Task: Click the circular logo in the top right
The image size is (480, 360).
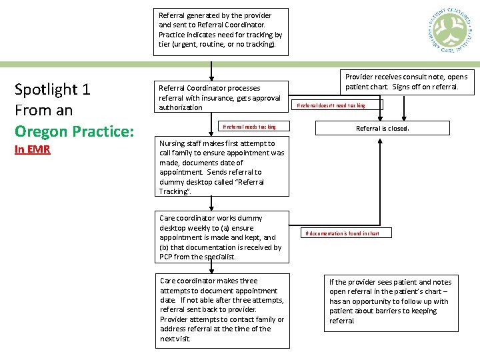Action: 449,32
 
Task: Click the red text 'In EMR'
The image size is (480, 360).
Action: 33,149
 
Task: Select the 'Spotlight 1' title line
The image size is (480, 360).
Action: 52,89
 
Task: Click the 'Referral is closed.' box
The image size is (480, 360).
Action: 383,128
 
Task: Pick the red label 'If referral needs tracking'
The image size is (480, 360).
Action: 249,127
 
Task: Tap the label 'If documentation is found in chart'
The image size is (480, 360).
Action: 342,233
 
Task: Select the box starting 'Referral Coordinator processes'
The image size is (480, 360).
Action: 221,97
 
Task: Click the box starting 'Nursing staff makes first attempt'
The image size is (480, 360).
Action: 222,167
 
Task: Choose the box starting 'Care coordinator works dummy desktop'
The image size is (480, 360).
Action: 222,237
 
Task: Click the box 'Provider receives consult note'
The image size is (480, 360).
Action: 407,82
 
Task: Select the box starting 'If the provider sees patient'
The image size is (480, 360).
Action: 392,301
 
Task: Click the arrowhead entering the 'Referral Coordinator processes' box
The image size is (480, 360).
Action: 211,75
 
